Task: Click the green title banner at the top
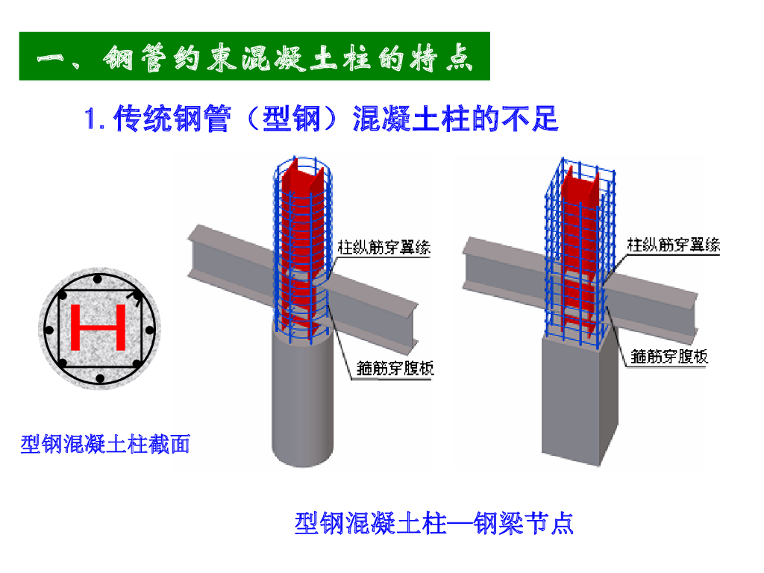pyautogui.click(x=254, y=56)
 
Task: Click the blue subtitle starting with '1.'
pyautogui.click(x=322, y=119)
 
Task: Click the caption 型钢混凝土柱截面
pyautogui.click(x=105, y=445)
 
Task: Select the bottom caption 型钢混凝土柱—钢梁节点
pyautogui.click(x=434, y=523)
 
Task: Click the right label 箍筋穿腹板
pyautogui.click(x=669, y=357)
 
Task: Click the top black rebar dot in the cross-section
pyautogui.click(x=98, y=279)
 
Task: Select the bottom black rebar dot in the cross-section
pyautogui.click(x=98, y=380)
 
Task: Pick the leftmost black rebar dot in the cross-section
pyautogui.click(x=48, y=330)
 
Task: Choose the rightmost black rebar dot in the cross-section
pyautogui.click(x=148, y=330)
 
